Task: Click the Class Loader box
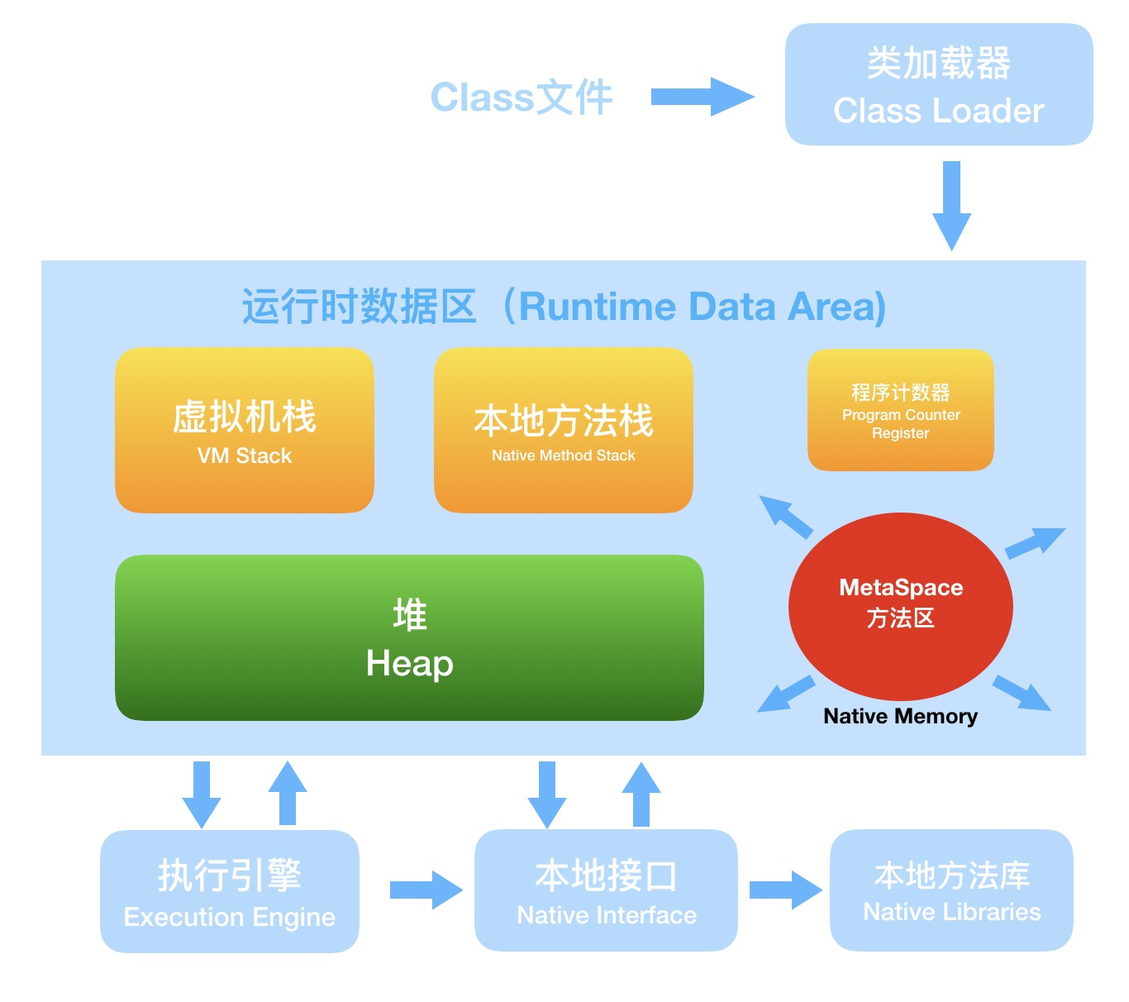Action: point(939,85)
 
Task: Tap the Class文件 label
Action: point(522,98)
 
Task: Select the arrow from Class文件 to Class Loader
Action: point(702,98)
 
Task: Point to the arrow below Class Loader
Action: point(951,205)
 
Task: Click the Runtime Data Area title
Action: point(564,307)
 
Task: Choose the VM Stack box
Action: point(245,430)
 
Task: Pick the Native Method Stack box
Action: point(564,430)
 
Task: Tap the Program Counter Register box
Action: point(901,410)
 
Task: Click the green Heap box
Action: point(409,637)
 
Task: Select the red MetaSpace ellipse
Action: point(901,606)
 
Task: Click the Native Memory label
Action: point(901,716)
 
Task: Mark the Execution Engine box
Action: point(230,891)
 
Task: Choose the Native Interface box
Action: point(606,890)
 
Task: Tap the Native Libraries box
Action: point(951,890)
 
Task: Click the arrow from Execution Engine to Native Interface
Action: point(426,890)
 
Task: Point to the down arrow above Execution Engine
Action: point(202,794)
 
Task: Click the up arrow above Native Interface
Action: point(641,794)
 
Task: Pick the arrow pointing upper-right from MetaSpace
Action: point(1035,542)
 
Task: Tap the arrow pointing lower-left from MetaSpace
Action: point(785,694)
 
